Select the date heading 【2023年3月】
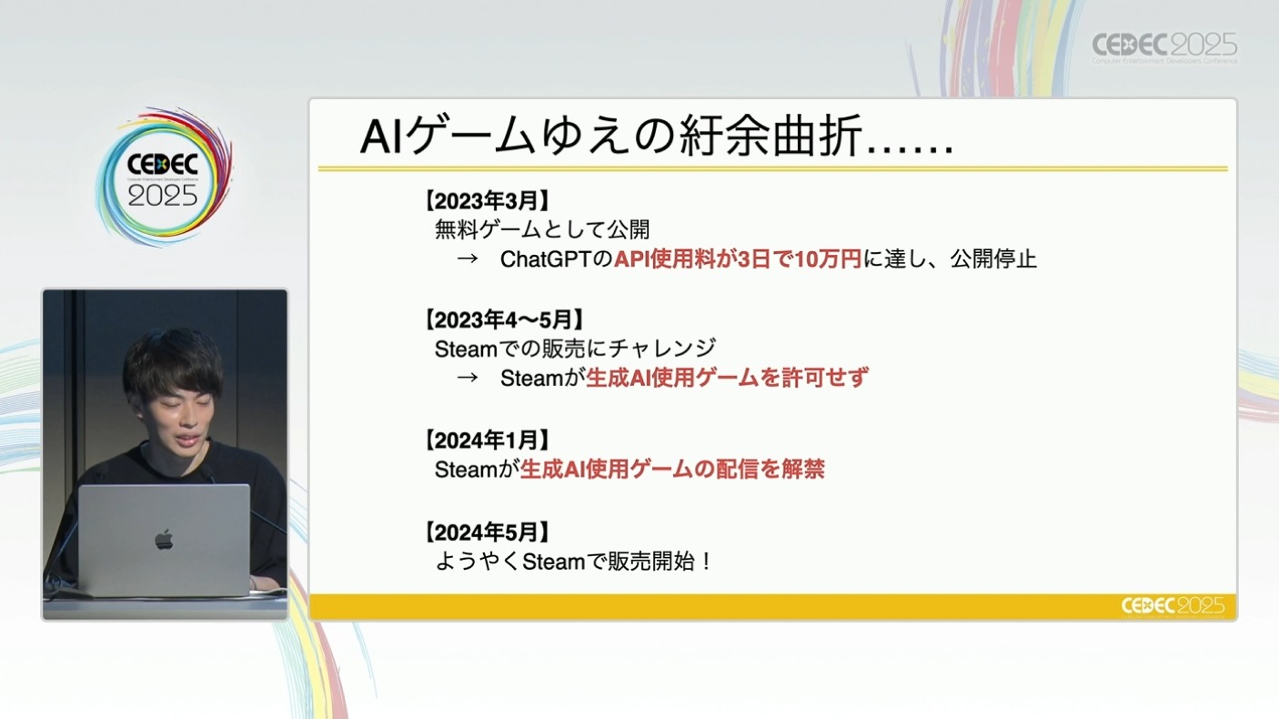pyautogui.click(x=487, y=201)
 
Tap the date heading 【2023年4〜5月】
pyautogui.click(x=504, y=319)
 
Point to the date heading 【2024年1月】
pyautogui.click(x=487, y=441)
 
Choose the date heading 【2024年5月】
pyautogui.click(x=487, y=532)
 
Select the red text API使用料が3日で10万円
pyautogui.click(x=738, y=259)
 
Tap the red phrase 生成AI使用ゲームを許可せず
pyautogui.click(x=728, y=378)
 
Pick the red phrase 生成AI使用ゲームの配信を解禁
pyautogui.click(x=672, y=470)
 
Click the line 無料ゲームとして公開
pyautogui.click(x=542, y=229)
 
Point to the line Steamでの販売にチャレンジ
pyautogui.click(x=576, y=349)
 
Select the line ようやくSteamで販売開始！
pyautogui.click(x=574, y=562)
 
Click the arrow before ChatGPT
pyautogui.click(x=467, y=259)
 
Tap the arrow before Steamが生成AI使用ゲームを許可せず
pyautogui.click(x=467, y=378)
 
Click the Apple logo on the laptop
pyautogui.click(x=164, y=539)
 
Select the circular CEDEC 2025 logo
pyautogui.click(x=164, y=177)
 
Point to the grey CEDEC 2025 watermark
pyautogui.click(x=1164, y=46)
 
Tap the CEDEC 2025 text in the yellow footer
pyautogui.click(x=1173, y=606)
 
